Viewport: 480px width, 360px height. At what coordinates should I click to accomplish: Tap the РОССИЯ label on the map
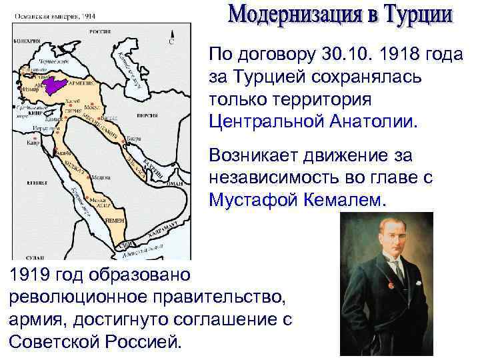(x=100, y=32)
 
